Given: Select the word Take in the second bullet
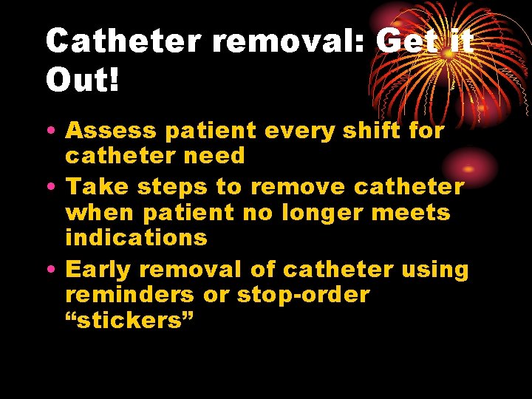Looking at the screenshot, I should coord(92,187).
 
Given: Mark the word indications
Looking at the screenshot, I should coord(136,237).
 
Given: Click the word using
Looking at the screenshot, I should coord(435,270).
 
